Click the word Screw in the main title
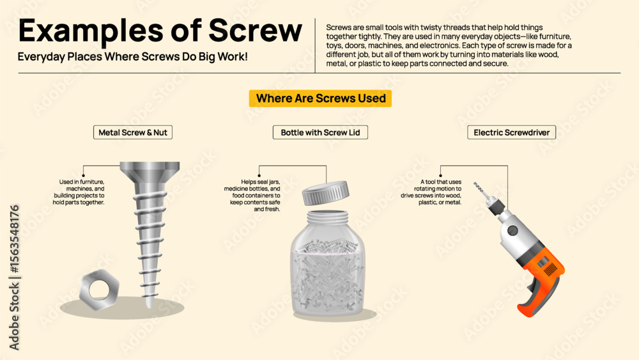pos(256,31)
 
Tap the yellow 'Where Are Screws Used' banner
pos(320,98)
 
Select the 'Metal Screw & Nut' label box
pos(133,132)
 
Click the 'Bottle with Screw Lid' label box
pos(320,132)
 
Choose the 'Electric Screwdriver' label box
pos(511,132)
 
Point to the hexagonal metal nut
pos(100,290)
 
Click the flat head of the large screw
pos(150,166)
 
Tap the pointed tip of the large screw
pos(150,305)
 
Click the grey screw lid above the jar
pos(326,193)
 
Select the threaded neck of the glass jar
pos(328,217)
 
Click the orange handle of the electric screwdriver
pos(541,281)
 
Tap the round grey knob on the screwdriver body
pos(512,231)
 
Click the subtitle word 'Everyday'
pos(41,57)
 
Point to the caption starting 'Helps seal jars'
pos(252,195)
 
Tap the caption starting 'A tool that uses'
pos(431,192)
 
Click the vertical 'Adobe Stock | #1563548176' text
pos(14,278)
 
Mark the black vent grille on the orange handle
pos(550,269)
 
